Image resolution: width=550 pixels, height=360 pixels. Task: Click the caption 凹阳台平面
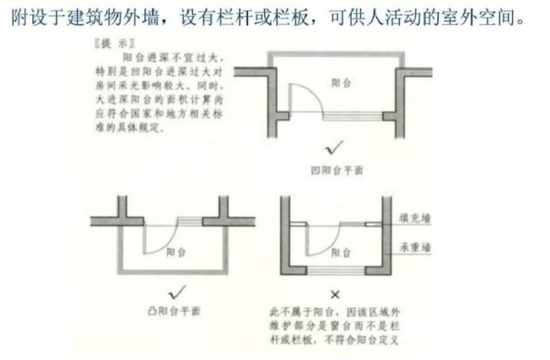coord(338,171)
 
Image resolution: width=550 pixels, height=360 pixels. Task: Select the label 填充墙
coord(416,219)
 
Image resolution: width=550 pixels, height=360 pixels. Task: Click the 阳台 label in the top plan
coord(341,83)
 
